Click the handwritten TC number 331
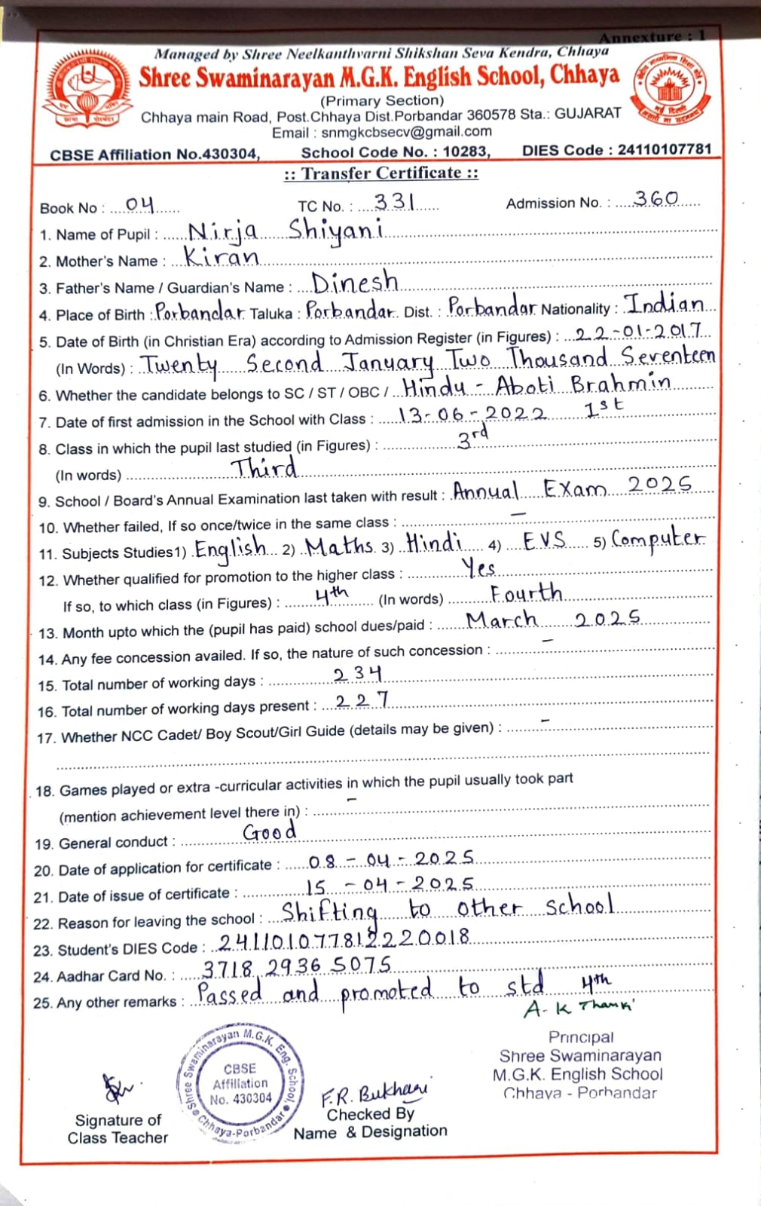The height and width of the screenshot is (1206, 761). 395,202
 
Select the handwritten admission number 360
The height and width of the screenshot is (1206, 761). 656,199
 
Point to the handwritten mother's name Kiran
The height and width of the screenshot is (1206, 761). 222,257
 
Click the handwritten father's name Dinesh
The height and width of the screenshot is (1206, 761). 355,283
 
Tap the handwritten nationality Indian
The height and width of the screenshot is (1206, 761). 667,304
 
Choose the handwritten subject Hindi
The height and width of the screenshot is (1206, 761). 433,543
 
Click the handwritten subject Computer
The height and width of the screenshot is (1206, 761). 658,539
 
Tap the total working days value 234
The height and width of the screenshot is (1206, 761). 358,673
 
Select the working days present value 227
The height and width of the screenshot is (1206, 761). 362,701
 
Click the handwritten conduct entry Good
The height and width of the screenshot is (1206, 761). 269,832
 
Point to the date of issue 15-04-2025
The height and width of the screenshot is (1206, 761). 390,885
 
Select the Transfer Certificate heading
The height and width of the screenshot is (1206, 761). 380,173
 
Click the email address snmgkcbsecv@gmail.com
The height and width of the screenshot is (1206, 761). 406,132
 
